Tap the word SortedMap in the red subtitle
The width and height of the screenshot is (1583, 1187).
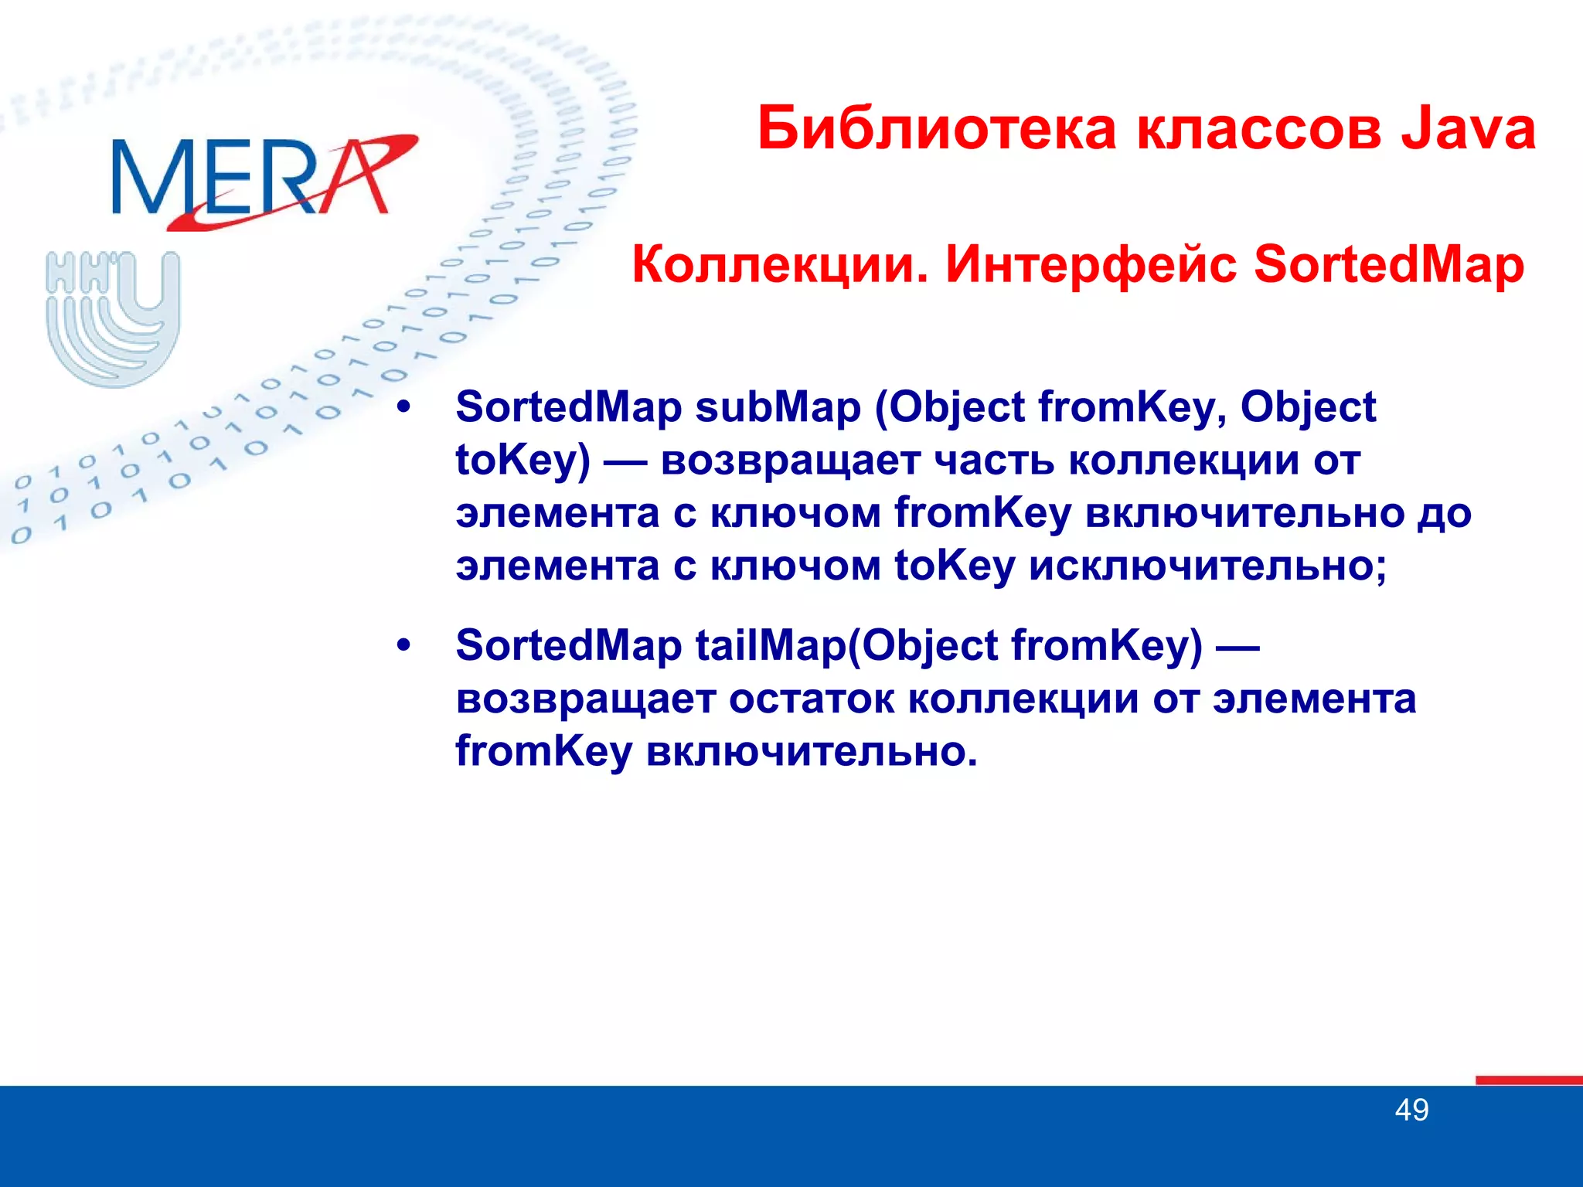click(1388, 265)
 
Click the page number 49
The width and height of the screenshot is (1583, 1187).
click(1411, 1110)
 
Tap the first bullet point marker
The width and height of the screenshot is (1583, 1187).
click(403, 407)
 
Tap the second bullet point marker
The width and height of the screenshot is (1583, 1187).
click(403, 645)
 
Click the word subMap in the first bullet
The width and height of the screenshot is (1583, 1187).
click(778, 407)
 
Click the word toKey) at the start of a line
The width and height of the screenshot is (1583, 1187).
click(523, 461)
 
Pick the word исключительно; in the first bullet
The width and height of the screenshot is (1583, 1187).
click(1207, 566)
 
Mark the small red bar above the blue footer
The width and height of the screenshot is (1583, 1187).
click(1527, 1080)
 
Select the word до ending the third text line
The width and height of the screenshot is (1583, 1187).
click(1443, 513)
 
